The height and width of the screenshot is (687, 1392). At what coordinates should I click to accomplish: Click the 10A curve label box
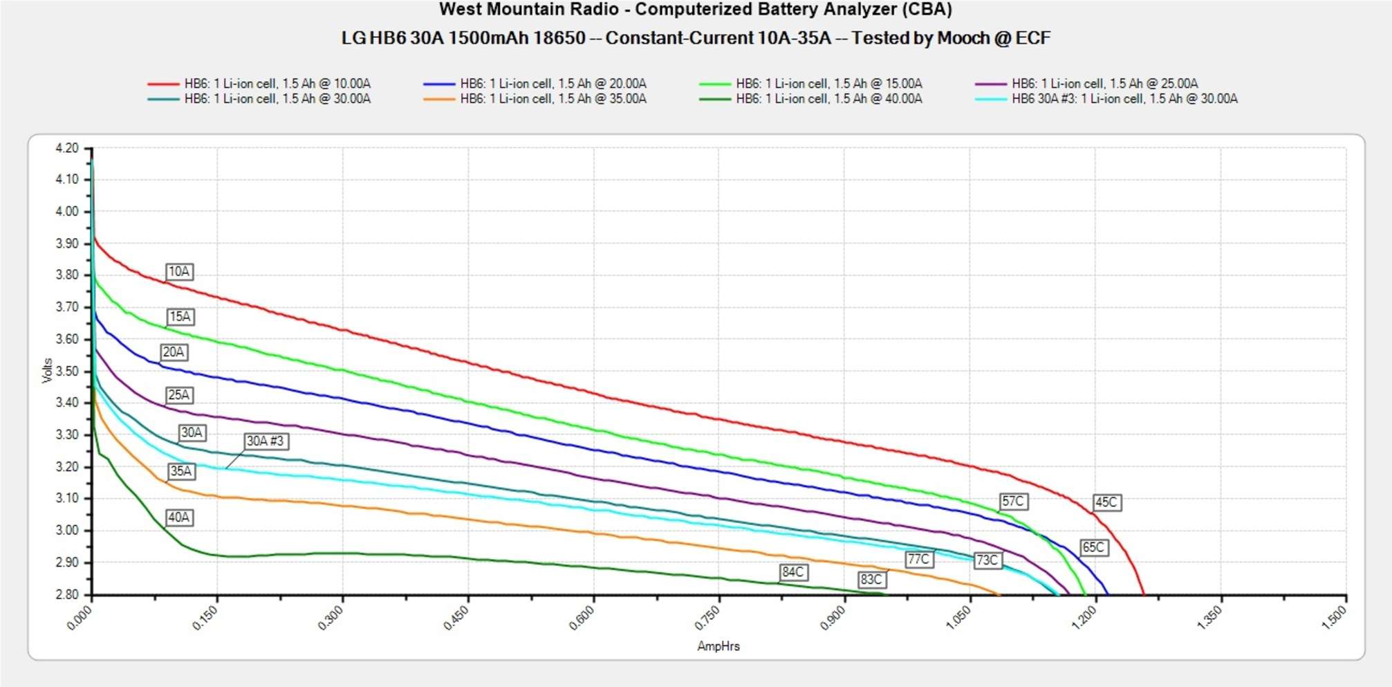(x=179, y=271)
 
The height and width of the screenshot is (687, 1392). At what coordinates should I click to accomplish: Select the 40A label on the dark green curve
(x=179, y=517)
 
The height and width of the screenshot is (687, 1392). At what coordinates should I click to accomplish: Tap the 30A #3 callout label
(x=265, y=441)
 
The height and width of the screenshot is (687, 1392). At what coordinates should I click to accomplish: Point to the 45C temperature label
(x=1106, y=502)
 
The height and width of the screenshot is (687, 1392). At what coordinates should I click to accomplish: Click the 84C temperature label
(x=793, y=572)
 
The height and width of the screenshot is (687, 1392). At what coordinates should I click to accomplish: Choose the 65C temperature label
(x=1093, y=547)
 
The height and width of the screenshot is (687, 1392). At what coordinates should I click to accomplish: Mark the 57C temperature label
(x=1013, y=501)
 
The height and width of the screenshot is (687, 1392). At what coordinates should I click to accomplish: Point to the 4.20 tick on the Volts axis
(x=67, y=148)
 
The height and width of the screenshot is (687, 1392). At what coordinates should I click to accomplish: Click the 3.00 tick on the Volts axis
(x=67, y=530)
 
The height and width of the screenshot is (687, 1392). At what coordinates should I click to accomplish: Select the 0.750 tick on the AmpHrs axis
(x=708, y=616)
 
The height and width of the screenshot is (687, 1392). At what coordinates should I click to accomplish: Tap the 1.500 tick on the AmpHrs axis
(x=1334, y=616)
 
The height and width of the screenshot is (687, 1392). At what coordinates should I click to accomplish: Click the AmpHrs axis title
(x=718, y=646)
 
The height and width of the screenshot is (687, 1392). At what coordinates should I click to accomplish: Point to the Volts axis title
(x=47, y=371)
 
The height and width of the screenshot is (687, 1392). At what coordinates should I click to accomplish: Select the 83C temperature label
(x=871, y=579)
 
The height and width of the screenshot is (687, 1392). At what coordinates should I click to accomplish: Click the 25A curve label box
(x=179, y=395)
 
